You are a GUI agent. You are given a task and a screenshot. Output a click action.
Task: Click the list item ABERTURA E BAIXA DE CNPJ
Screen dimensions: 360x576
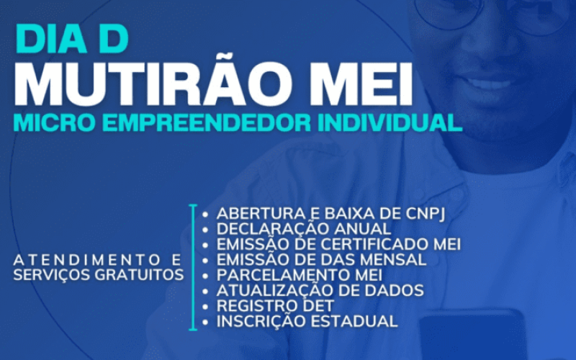tap(335, 214)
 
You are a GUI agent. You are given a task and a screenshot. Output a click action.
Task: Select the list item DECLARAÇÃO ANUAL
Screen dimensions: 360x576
tap(304, 229)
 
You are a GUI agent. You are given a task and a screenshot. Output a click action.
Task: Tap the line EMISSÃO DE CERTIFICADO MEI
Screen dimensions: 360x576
tap(338, 245)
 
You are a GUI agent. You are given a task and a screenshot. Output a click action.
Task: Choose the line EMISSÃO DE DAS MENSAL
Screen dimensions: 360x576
tap(321, 260)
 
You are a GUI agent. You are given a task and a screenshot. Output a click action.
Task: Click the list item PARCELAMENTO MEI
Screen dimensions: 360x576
tap(300, 275)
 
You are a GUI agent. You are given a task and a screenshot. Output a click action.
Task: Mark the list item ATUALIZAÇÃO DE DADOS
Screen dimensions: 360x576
tap(320, 291)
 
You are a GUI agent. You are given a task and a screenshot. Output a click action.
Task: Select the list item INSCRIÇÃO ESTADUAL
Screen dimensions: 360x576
tap(307, 321)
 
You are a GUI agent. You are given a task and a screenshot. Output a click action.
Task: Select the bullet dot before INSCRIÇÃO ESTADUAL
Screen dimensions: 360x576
tap(207, 322)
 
